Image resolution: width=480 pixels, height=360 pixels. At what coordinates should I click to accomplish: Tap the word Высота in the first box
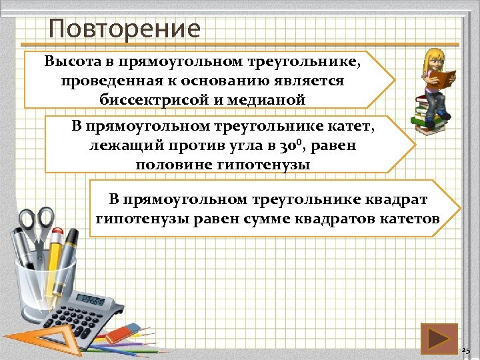(x=71, y=62)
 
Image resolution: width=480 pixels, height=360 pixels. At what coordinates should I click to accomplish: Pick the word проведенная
(x=101, y=81)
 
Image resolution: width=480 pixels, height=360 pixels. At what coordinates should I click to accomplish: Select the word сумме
(x=299, y=218)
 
